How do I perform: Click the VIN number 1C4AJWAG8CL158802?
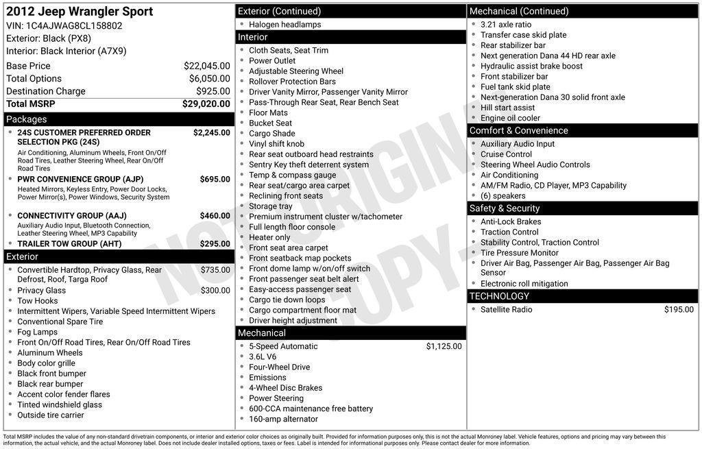tap(74, 25)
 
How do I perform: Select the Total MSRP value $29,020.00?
tap(206, 104)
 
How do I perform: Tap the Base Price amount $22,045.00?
tap(206, 66)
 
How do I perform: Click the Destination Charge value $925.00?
tap(213, 91)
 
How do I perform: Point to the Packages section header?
tap(27, 119)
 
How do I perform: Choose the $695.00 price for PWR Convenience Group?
tap(215, 179)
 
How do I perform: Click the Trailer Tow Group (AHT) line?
tap(69, 244)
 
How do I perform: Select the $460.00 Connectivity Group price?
tap(215, 215)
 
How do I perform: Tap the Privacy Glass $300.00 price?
tap(215, 291)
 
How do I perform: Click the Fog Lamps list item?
tap(37, 332)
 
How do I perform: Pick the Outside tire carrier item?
tap(50, 415)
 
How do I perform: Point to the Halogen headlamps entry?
tap(285, 25)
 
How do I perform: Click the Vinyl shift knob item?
tap(276, 144)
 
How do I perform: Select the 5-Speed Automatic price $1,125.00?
tap(444, 346)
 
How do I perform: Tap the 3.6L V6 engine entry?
tap(263, 356)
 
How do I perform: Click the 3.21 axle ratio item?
tap(505, 25)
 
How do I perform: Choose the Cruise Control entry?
tap(506, 154)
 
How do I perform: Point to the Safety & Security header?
tap(504, 208)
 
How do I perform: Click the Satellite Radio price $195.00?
tap(679, 310)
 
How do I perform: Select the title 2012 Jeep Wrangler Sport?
tap(80, 12)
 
